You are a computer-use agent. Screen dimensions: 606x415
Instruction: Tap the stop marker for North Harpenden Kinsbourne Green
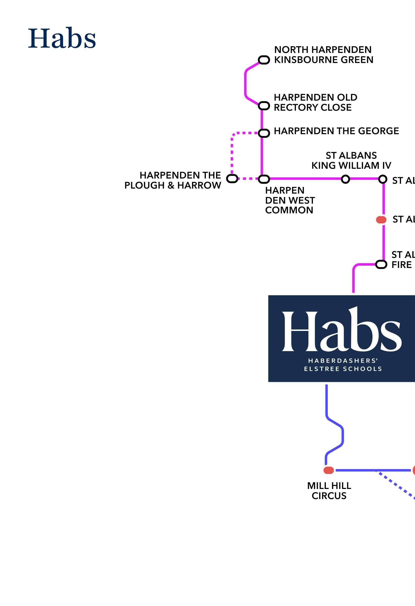pos(264,60)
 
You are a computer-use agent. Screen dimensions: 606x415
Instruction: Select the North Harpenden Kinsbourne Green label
pos(324,55)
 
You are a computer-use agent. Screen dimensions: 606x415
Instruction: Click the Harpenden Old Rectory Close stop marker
pos(264,106)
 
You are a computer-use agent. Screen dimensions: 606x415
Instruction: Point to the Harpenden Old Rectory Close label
pos(315,102)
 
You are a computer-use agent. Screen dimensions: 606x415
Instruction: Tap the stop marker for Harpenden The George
pos(264,133)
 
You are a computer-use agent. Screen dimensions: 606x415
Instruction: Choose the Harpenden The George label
pos(336,131)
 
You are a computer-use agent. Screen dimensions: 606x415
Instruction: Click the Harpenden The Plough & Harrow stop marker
pos(232,179)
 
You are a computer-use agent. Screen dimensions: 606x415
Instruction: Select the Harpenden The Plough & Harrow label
pos(173,180)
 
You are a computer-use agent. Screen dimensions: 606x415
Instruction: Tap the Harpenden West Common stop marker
pos(264,179)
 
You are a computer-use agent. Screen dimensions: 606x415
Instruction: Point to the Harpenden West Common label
pos(290,200)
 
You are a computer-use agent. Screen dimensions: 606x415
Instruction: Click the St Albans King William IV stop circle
pos(345,179)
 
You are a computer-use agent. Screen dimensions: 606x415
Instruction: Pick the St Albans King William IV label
pos(351,160)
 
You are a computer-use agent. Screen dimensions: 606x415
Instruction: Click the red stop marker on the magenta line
pos(381,220)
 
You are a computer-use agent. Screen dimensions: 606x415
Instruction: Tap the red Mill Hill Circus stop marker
pos(329,470)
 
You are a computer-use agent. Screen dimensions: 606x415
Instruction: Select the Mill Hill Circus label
pos(329,491)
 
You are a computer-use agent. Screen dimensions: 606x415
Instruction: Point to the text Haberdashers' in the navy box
pos(343,361)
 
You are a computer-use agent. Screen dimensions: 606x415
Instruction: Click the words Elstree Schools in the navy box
pos(343,369)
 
